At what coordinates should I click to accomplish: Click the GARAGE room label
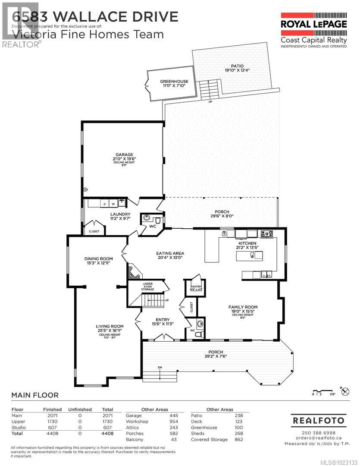point(124,154)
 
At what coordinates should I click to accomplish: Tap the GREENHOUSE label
point(174,81)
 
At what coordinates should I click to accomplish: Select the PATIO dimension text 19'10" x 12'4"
point(237,70)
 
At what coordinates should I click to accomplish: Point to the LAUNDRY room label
point(120,214)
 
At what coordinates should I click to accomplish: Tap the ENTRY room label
point(162,320)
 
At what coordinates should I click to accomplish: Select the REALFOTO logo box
point(319,420)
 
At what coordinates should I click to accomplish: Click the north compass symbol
point(345,392)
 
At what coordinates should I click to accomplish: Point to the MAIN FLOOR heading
point(34,395)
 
